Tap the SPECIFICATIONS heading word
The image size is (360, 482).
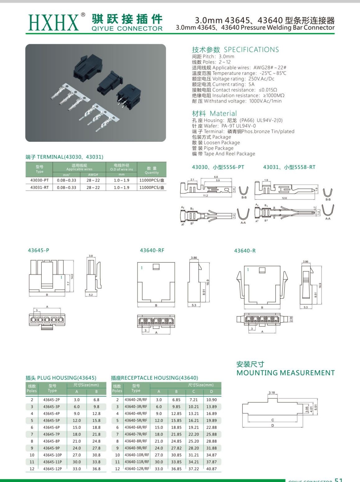point(251,50)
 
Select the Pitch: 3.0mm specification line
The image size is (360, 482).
point(213,57)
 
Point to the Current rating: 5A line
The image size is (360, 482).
point(223,84)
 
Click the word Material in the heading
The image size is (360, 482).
point(223,113)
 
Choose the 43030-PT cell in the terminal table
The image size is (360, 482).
point(39,180)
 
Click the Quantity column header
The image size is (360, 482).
point(152,170)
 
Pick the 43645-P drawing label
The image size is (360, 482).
point(39,250)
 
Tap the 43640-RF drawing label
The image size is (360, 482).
point(152,250)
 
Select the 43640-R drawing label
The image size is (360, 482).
point(245,250)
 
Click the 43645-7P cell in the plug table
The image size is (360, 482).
point(52,434)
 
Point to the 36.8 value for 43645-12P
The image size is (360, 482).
point(96,469)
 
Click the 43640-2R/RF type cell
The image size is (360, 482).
point(136,400)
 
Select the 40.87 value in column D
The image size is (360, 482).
point(212,469)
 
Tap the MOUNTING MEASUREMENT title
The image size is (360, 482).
point(285,373)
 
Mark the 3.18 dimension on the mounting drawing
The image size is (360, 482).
point(271,392)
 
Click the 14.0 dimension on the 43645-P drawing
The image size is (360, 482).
point(72,276)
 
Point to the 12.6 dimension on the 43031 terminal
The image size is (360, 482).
point(284,198)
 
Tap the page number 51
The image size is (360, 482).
point(338,480)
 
